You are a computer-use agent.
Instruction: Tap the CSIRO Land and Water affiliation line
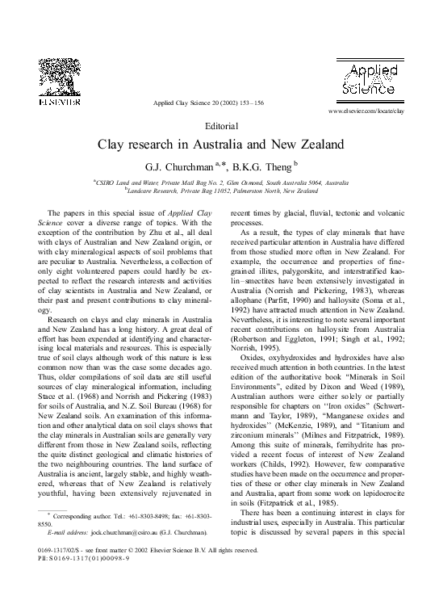[220, 183]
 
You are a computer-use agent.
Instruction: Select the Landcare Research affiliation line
[220, 191]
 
